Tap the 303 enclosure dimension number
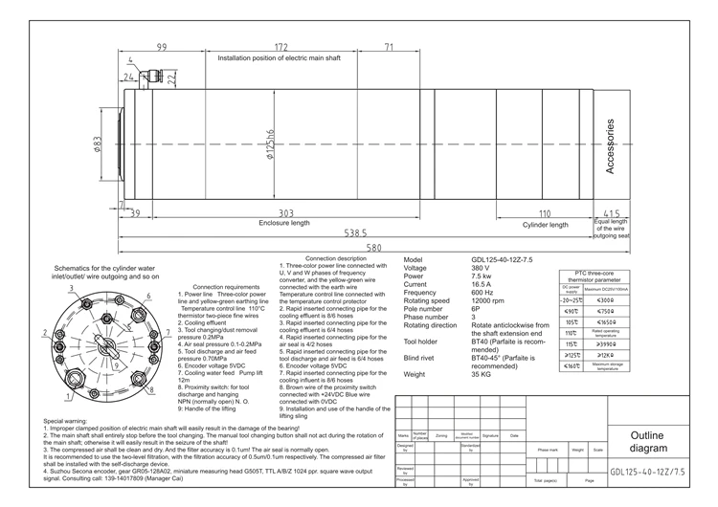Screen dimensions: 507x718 tap(285, 212)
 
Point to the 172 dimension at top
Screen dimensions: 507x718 tap(281, 46)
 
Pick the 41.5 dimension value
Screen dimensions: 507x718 tap(612, 213)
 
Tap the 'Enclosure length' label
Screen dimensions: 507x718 tap(285, 223)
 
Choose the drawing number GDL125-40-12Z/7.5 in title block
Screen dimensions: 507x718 tap(648, 472)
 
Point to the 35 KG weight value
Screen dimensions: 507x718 tap(482, 374)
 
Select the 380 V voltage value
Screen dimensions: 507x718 tap(482, 268)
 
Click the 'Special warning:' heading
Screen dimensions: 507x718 tap(68, 421)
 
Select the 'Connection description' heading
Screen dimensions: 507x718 tap(334, 258)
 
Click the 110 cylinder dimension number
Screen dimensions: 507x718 tap(545, 212)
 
